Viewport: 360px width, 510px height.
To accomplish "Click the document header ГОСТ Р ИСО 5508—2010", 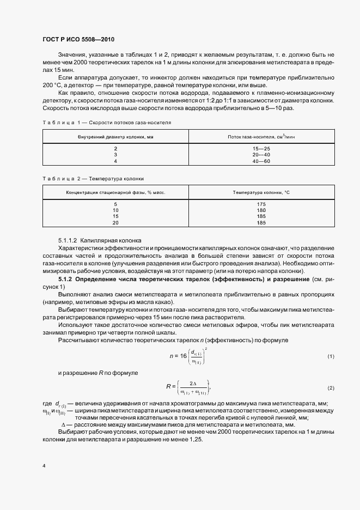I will pos(78,40).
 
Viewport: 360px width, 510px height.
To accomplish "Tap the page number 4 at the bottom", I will pos(44,466).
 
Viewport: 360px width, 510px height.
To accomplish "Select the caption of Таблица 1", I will pos(106,123).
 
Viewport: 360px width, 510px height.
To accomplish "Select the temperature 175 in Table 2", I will pos(261,204).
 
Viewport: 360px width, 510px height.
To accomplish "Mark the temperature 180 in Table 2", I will pos(261,210).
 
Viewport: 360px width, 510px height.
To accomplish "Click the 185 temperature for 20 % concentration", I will pos(261,223).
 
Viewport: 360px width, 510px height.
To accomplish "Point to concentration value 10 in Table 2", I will pos(115,210).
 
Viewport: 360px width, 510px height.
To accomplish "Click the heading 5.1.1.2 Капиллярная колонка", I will pos(100,240).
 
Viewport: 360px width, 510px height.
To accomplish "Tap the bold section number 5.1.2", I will pos(66,279).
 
